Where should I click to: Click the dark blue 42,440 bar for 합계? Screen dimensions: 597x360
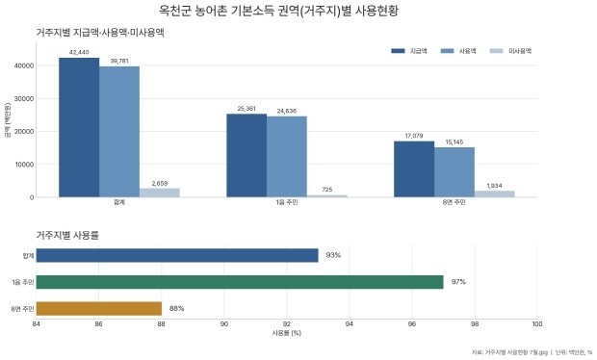[79, 127]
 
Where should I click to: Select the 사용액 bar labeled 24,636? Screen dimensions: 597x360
[287, 157]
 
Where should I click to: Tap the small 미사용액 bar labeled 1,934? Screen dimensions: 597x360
[494, 194]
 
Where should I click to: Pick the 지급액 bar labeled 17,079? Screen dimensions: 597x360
[414, 169]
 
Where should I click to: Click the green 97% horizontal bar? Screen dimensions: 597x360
[240, 282]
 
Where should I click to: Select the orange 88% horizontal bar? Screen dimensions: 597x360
[99, 309]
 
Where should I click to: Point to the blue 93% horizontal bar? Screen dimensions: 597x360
[177, 255]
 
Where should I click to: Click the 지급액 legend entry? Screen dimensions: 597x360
[409, 51]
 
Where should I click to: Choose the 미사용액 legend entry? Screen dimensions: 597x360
[510, 51]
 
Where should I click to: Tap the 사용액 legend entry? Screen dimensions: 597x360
[458, 51]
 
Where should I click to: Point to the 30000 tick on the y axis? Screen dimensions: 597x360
[24, 99]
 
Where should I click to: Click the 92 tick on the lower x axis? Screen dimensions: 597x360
[287, 324]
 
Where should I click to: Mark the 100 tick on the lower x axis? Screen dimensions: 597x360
[537, 324]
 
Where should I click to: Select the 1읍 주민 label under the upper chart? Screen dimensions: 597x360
[287, 202]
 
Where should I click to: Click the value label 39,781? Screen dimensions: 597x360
[119, 61]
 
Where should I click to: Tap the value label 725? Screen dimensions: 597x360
[327, 190]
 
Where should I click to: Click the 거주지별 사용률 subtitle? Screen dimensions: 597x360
[67, 235]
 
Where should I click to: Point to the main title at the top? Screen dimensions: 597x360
[278, 11]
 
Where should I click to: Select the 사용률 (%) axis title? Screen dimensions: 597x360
[286, 333]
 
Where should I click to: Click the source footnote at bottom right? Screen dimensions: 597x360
[532, 352]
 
